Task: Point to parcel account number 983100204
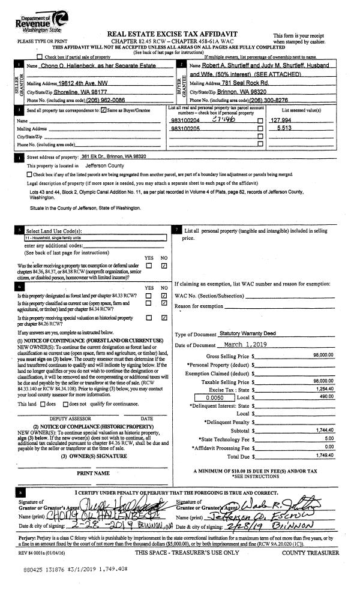click(186, 137)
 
